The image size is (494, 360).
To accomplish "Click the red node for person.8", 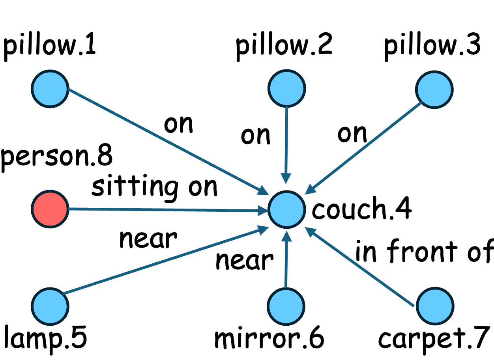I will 50,209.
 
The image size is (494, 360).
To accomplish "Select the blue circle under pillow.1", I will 50,88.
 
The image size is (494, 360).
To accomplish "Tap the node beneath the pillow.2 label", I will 286,88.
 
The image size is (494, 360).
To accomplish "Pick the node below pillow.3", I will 434,88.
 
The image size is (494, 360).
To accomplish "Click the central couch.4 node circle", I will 286,210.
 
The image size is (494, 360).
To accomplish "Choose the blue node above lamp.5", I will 50,306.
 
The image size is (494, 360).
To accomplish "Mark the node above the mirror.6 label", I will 286,306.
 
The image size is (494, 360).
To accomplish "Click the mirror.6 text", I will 269,338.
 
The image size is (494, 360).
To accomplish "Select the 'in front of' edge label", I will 424,252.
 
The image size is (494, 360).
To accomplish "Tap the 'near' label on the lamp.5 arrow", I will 148,239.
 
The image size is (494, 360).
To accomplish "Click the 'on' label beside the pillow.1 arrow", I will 179,124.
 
